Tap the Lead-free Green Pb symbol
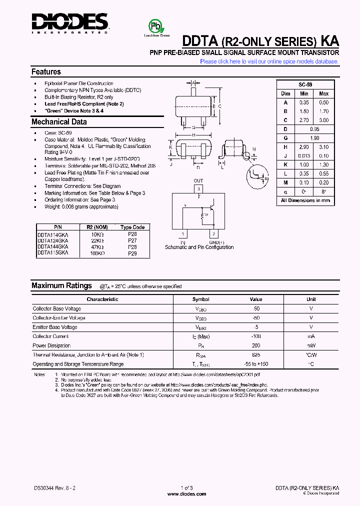(x=156, y=26)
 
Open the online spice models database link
(x=269, y=61)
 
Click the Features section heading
(x=46, y=72)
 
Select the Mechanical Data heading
(x=59, y=122)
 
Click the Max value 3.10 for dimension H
(x=323, y=147)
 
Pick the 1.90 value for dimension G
(x=314, y=137)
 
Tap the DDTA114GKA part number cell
(x=53, y=233)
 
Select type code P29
(x=132, y=253)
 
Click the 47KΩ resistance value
(x=97, y=246)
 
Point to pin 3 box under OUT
(x=198, y=188)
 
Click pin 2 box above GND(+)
(x=213, y=233)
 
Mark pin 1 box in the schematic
(x=183, y=233)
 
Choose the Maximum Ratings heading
(x=61, y=285)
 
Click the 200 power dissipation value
(x=256, y=345)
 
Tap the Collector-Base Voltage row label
(x=56, y=308)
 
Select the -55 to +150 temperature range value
(x=256, y=364)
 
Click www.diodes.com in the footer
(x=186, y=494)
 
